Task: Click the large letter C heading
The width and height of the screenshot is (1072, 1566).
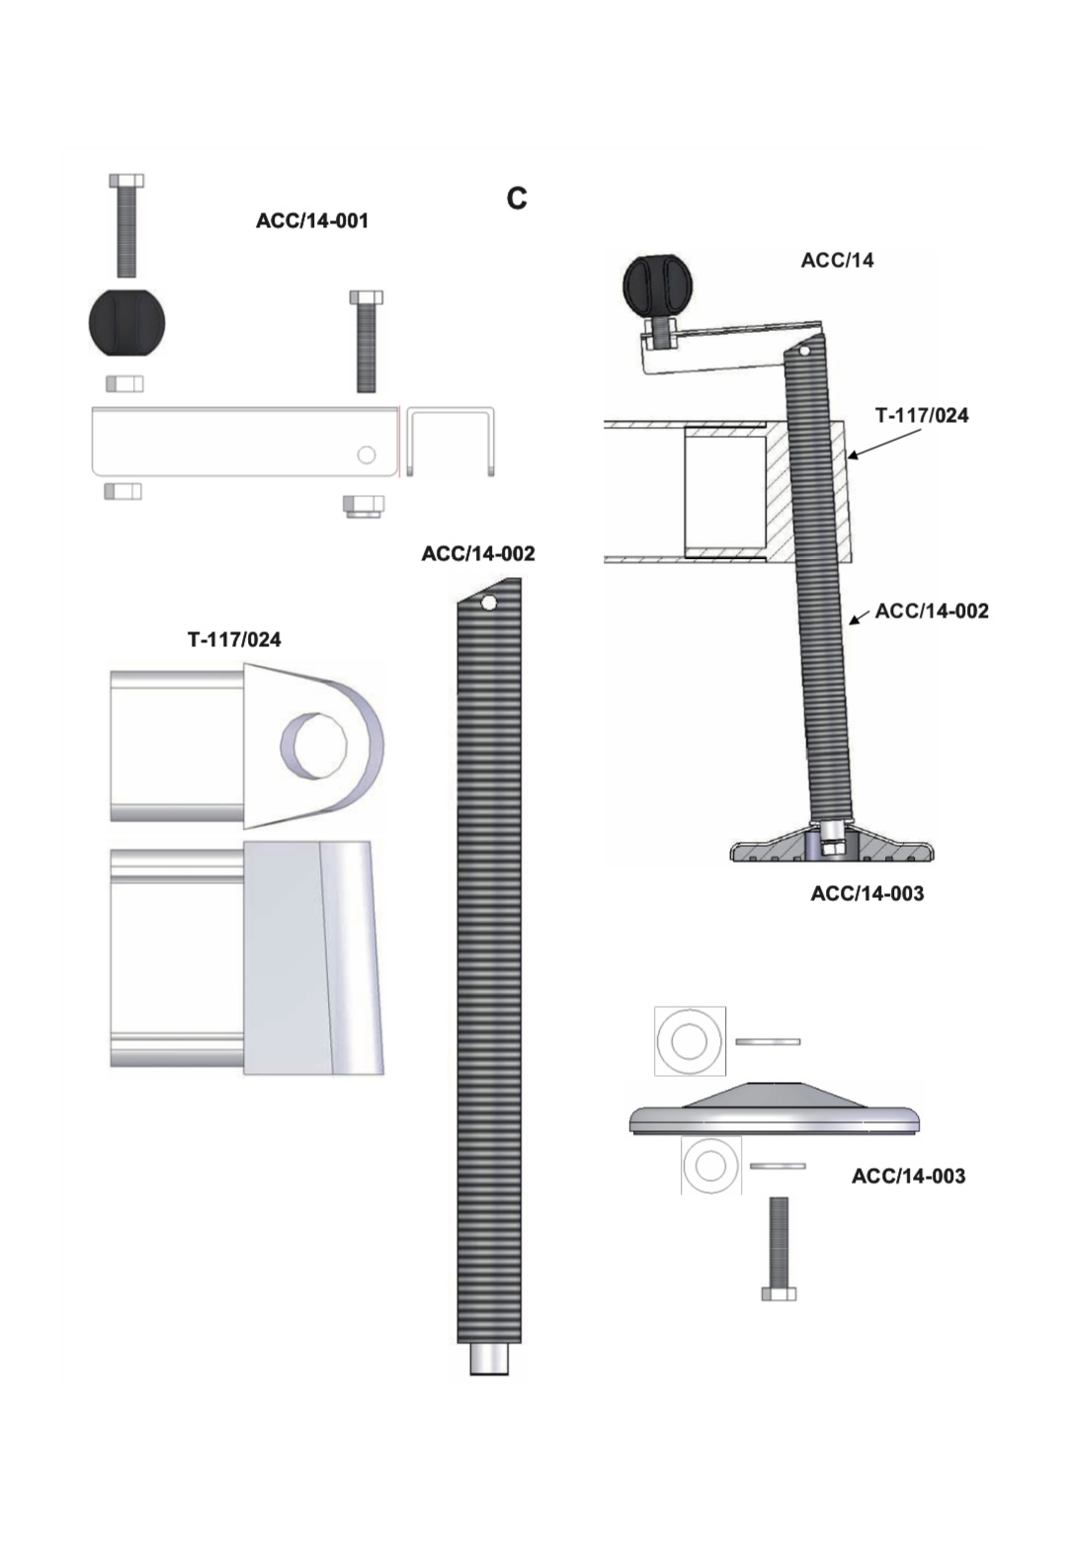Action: [x=516, y=199]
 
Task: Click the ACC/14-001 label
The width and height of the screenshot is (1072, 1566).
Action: [x=312, y=220]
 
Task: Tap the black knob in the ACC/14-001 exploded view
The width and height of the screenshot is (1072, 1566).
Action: [x=126, y=323]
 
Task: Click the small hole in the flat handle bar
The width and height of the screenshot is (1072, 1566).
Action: [x=367, y=455]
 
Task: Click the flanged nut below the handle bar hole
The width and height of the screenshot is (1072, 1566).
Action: [x=364, y=506]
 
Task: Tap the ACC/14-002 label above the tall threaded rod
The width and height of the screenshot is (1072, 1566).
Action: [x=478, y=553]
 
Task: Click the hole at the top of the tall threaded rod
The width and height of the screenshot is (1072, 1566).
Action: [x=488, y=603]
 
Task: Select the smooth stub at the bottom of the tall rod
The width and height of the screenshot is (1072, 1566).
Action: [x=488, y=1359]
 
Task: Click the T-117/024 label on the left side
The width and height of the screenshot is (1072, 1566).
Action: [x=234, y=639]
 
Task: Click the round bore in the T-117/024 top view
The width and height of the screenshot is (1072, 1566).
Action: [x=314, y=744]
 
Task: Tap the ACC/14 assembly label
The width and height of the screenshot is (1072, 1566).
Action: [x=837, y=260]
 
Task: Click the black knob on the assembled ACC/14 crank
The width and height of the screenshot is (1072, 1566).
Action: [x=657, y=285]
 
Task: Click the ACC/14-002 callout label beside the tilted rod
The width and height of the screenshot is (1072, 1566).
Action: [x=932, y=611]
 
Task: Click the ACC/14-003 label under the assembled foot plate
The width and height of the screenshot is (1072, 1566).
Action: [x=866, y=893]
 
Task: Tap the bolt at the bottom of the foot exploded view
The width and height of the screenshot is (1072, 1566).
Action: [x=779, y=1247]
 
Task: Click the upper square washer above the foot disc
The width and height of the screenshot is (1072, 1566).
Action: [x=690, y=1041]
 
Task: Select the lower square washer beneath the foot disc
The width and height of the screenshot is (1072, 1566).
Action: [x=710, y=1165]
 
